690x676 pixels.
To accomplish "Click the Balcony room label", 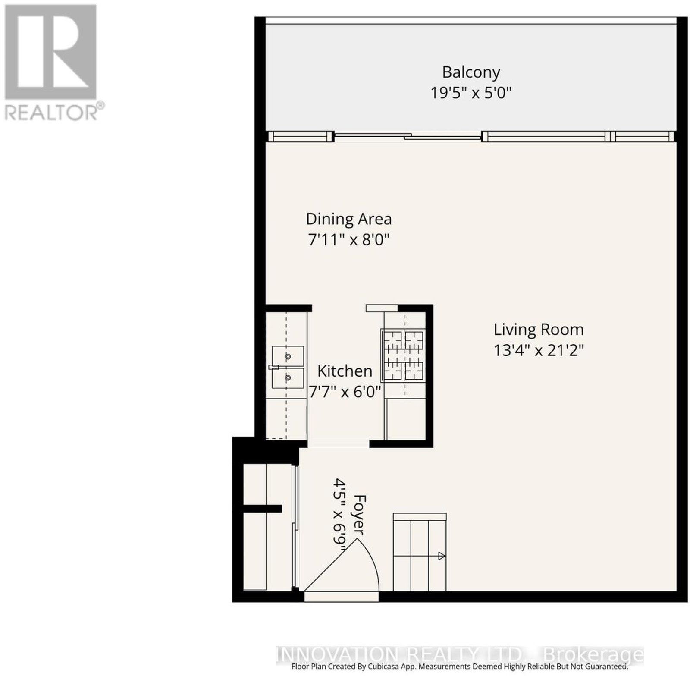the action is tap(471, 72).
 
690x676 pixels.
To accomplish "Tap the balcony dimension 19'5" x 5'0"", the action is tap(471, 93).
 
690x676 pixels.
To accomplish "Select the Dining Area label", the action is tap(349, 219).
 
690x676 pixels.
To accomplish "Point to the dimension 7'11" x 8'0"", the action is tap(349, 240).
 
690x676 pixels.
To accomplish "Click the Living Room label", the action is tap(539, 330).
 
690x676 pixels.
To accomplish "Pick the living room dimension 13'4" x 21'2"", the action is tap(539, 350).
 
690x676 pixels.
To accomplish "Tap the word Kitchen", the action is tap(345, 371).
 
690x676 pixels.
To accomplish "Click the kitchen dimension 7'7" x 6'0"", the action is tap(345, 392).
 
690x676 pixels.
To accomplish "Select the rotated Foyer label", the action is tap(359, 515).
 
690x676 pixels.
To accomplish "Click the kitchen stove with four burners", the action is tap(403, 355).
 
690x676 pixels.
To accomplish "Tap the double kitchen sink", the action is tap(287, 367).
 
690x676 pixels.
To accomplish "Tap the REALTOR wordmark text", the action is tap(51, 112).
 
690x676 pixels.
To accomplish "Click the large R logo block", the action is tap(50, 51).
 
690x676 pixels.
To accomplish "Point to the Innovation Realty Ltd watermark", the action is tap(460, 655).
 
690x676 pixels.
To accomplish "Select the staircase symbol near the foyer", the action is tap(419, 552).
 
